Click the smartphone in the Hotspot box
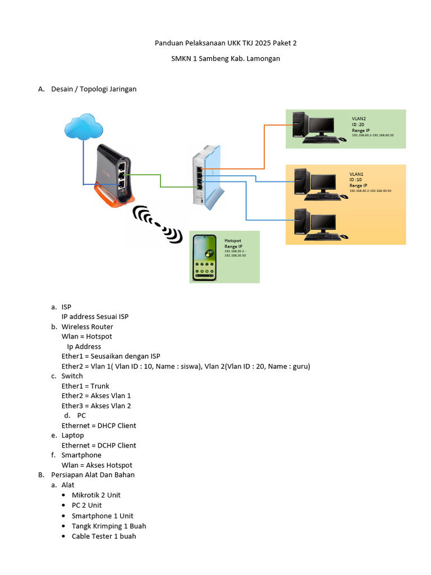[x=205, y=257]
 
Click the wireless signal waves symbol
[x=158, y=224]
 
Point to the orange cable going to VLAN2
[x=264, y=146]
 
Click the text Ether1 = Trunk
[x=85, y=386]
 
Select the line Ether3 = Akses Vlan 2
[x=96, y=405]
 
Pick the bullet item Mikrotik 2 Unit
[x=96, y=495]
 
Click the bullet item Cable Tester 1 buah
[x=103, y=536]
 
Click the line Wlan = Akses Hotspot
[x=97, y=465]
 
